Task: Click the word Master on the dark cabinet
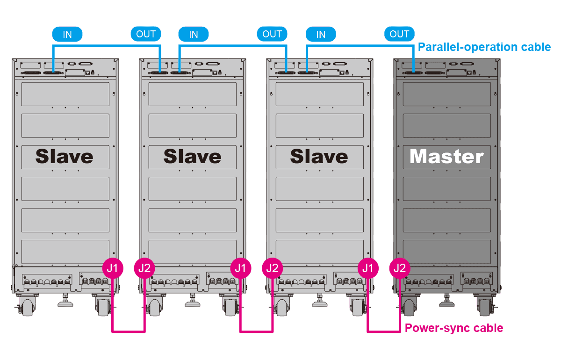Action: click(446, 157)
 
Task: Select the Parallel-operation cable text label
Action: click(484, 47)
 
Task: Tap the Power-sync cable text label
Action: click(454, 328)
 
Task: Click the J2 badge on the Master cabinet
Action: click(400, 268)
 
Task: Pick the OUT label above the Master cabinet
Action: click(399, 34)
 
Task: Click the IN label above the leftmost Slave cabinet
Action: click(67, 34)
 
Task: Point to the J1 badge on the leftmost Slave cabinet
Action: click(113, 268)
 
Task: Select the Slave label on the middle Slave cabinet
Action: click(192, 157)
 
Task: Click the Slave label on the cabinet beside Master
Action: click(319, 157)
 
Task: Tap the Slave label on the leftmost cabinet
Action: click(65, 157)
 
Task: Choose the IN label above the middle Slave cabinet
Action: click(194, 34)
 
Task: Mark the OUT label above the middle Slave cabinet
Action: click(272, 34)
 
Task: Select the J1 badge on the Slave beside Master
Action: click(368, 268)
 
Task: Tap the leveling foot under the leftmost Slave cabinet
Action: click(65, 302)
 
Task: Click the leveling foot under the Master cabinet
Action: click(446, 302)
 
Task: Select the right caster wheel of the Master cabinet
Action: click(485, 306)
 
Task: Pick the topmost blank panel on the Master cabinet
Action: click(446, 94)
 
